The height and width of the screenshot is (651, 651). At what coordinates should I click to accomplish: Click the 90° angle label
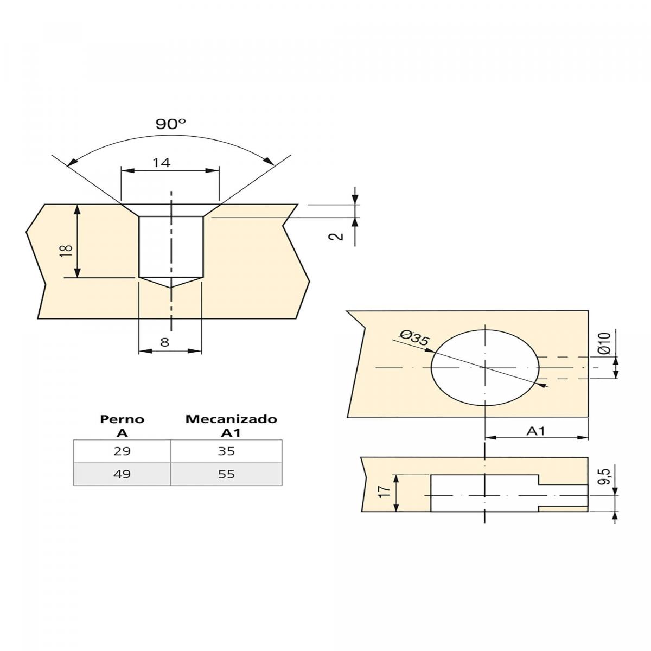point(171,124)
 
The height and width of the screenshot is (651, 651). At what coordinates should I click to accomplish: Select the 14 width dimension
point(162,163)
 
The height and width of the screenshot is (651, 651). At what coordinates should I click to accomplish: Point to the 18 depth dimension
point(67,250)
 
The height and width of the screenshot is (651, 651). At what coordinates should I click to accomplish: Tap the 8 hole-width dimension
point(164,342)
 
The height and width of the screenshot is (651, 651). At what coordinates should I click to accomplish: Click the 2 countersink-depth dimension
point(336,236)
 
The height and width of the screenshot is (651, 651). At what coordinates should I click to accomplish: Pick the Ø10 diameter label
point(604,343)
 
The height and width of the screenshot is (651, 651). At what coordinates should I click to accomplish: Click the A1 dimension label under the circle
point(536,431)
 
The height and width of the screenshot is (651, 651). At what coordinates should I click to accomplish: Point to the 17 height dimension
point(385,492)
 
